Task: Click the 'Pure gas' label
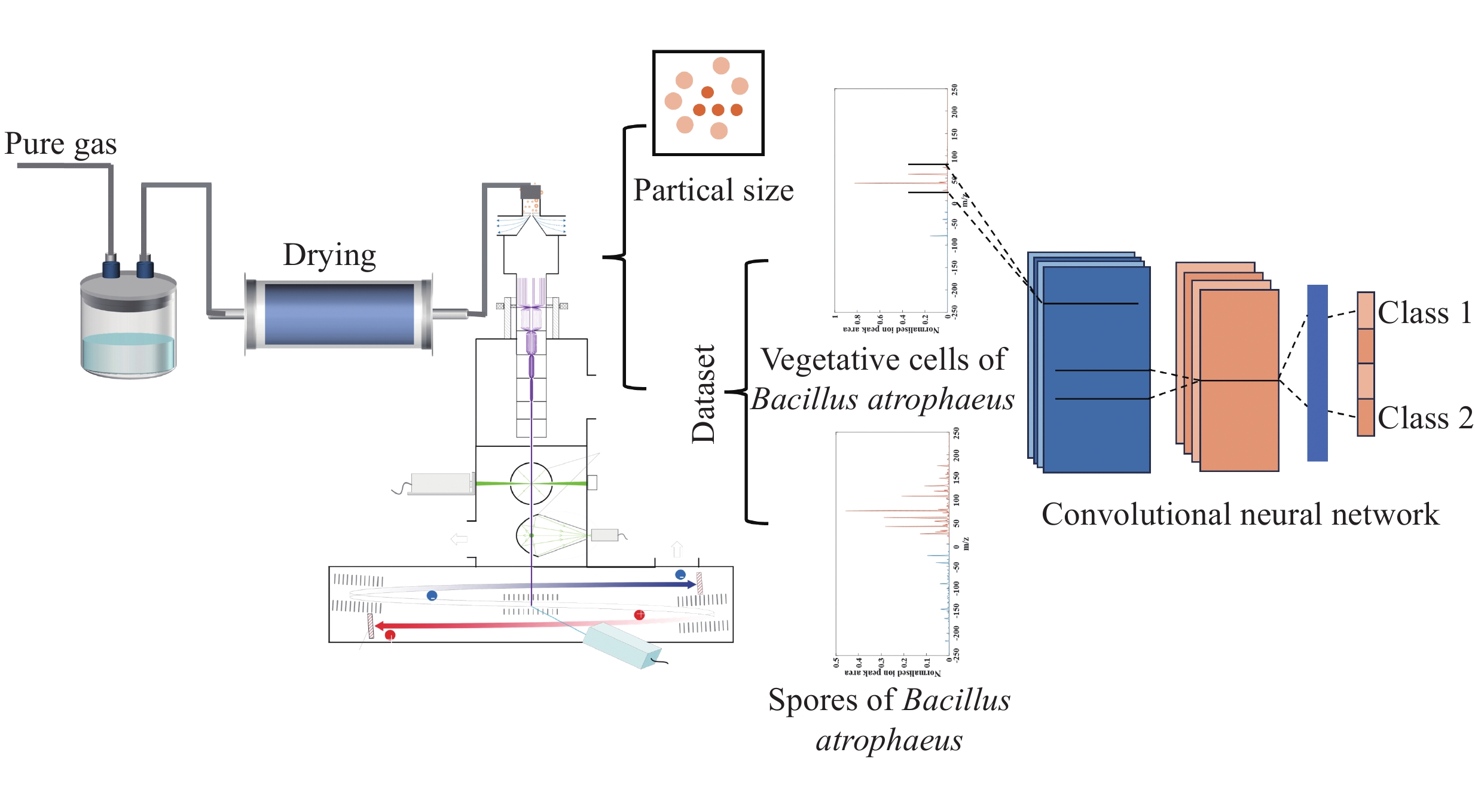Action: [x=60, y=144]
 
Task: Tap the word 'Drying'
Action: [x=329, y=255]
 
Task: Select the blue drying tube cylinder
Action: [x=339, y=314]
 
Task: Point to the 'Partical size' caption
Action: [x=713, y=190]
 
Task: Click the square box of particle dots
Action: [x=708, y=103]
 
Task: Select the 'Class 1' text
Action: [x=1424, y=313]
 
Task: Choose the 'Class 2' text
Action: [x=1425, y=418]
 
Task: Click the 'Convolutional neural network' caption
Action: [x=1240, y=514]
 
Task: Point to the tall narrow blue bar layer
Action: [x=1317, y=373]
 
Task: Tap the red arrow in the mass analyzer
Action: [x=478, y=626]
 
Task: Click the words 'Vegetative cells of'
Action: [x=884, y=360]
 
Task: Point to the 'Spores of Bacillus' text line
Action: [x=889, y=700]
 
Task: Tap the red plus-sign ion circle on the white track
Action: [x=639, y=614]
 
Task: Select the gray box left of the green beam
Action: [x=441, y=483]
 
